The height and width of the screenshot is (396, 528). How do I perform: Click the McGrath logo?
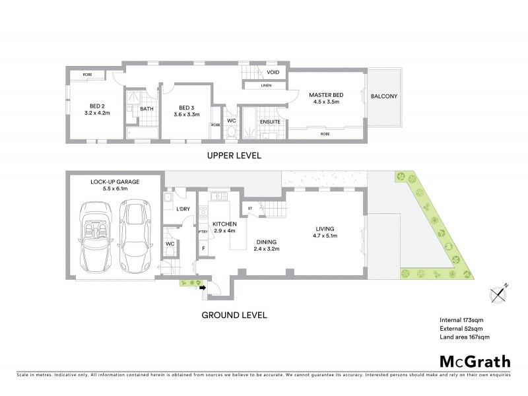tap(475, 361)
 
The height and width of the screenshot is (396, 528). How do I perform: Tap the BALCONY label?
tap(383, 97)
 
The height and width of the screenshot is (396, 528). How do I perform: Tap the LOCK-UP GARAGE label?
tap(113, 184)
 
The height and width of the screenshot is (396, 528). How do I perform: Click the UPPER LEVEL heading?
tap(234, 156)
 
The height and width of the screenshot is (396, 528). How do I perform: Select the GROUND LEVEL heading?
tap(234, 315)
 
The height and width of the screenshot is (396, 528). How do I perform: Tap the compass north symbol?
tap(499, 291)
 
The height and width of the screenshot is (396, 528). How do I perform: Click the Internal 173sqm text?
tap(462, 319)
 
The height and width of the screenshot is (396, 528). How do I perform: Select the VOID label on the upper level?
tap(273, 73)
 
